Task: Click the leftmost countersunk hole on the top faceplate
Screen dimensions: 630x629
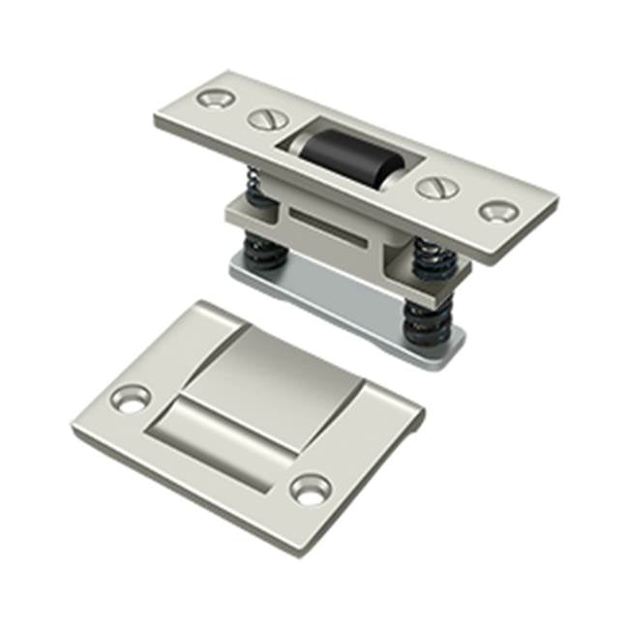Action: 214,98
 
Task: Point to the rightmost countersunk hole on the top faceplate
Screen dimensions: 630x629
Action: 498,211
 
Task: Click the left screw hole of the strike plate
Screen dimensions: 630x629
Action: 131,398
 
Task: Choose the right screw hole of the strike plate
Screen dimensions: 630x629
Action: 312,489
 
